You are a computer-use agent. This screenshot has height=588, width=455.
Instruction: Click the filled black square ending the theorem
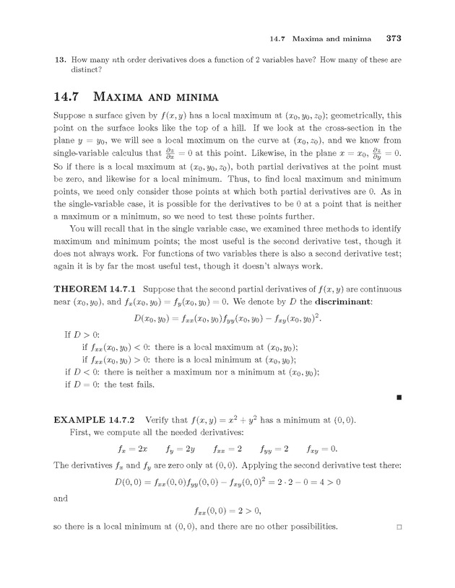coord(399,397)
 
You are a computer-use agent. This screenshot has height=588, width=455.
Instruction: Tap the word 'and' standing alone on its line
coord(61,496)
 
